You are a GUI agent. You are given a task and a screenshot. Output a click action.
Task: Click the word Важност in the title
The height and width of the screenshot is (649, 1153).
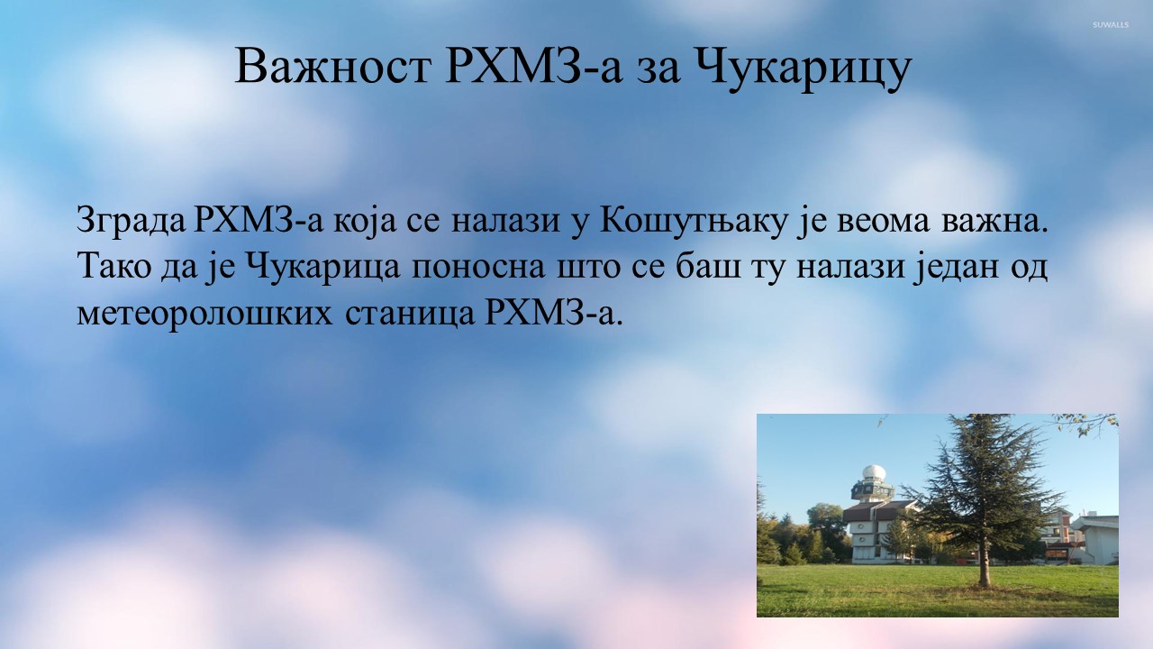tap(333, 67)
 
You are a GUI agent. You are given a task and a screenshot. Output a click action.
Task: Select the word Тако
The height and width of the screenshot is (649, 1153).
tap(113, 268)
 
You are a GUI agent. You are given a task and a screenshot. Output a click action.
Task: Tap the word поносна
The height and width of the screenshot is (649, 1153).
tap(478, 270)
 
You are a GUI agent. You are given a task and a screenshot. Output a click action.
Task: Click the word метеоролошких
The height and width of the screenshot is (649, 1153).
tap(204, 315)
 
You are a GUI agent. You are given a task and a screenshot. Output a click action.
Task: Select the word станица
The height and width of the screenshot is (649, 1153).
tap(409, 315)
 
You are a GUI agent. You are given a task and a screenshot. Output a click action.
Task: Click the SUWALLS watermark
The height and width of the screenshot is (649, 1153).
tap(1111, 24)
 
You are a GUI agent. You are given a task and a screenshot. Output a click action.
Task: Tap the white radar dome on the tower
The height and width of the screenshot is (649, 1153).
tap(874, 472)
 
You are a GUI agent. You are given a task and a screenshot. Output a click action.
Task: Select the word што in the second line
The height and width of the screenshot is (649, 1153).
tap(588, 270)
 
